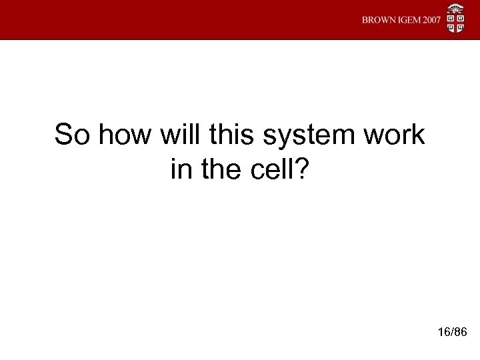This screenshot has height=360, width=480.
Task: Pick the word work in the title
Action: tap(393, 135)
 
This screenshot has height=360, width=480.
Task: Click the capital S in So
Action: tap(63, 135)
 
